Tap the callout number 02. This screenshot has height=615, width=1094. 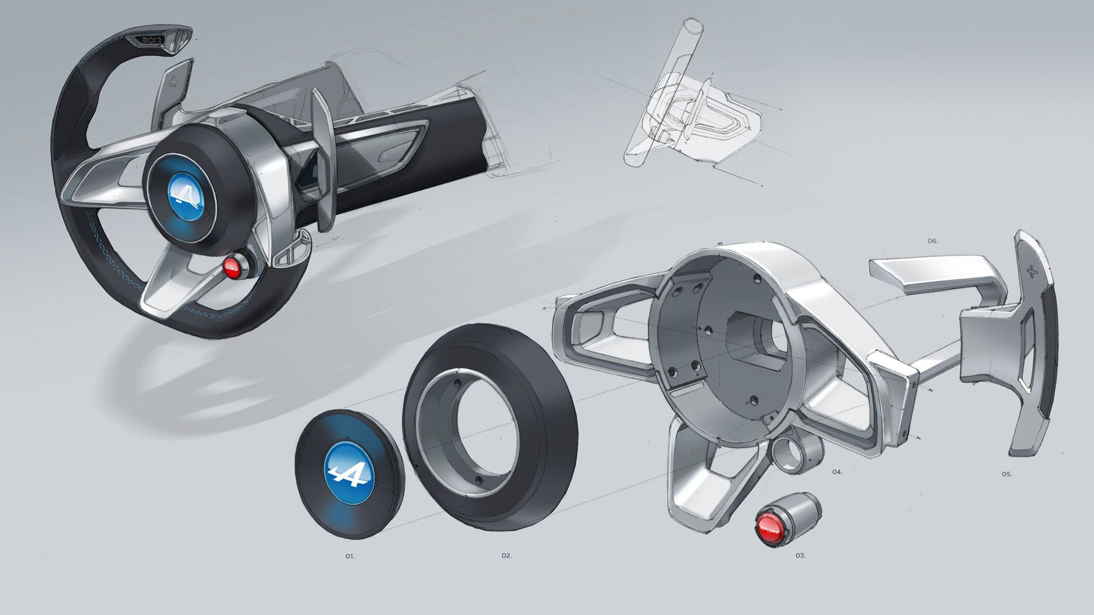(506, 556)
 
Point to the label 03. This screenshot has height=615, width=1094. (800, 556)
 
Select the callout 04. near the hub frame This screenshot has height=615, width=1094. (838, 472)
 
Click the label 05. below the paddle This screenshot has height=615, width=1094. (1006, 474)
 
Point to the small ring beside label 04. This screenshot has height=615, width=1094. (784, 454)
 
